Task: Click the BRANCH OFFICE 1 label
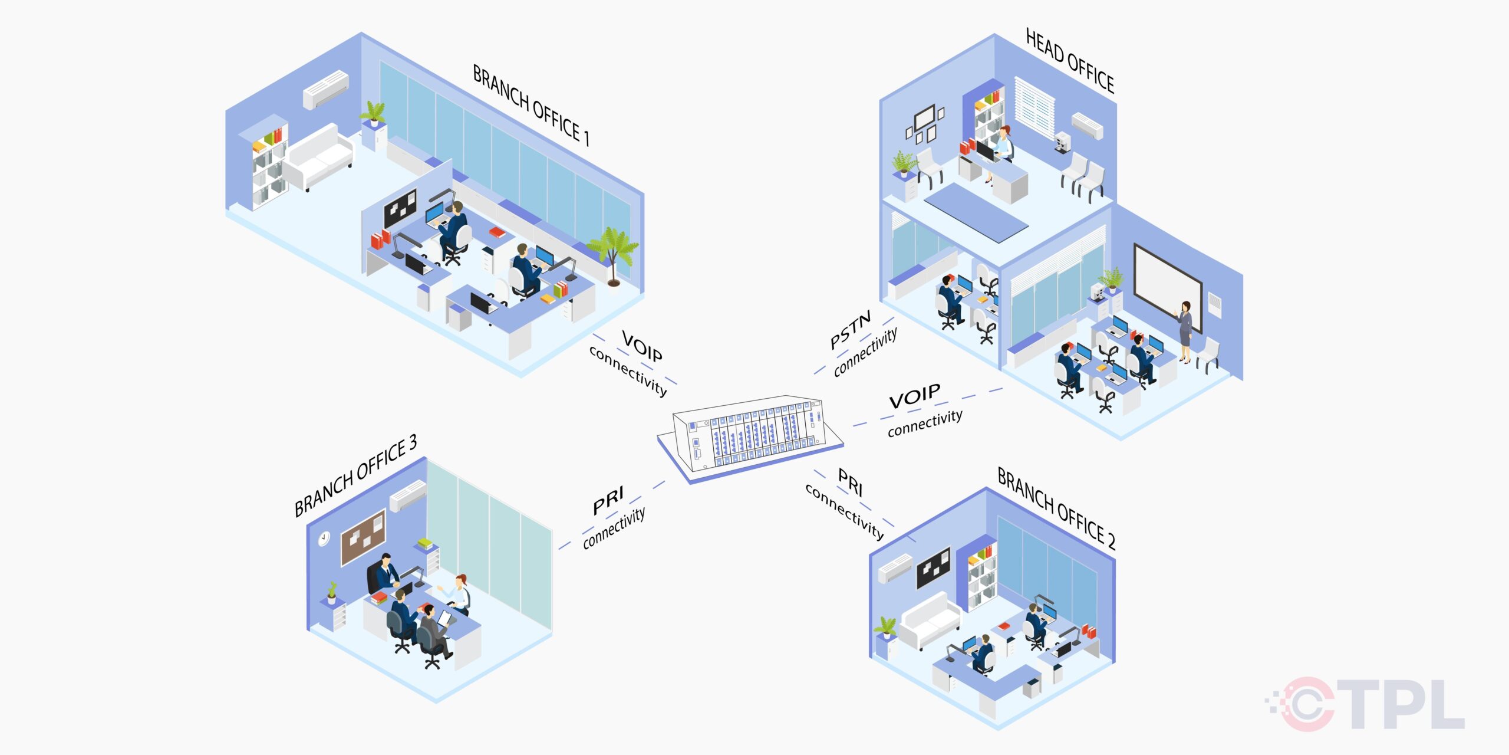pos(531,105)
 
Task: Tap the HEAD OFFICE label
pos(1069,60)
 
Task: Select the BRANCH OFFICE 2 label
pos(1056,508)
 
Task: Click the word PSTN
pos(850,330)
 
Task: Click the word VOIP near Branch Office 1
pos(642,346)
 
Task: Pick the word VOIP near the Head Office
pos(914,396)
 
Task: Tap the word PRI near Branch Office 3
pos(608,501)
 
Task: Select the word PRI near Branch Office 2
pos(851,482)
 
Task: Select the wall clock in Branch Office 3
pos(324,539)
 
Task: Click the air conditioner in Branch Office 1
pos(326,89)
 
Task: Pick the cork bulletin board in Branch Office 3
pos(363,537)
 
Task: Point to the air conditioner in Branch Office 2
pos(895,569)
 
